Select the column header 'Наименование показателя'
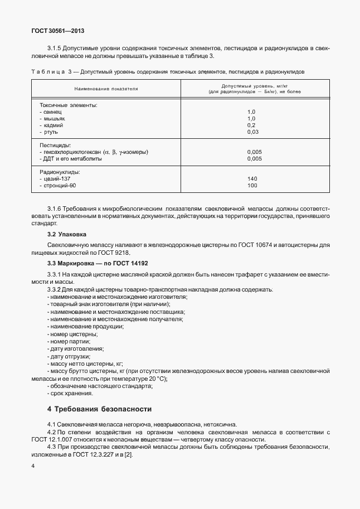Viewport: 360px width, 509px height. (105, 88)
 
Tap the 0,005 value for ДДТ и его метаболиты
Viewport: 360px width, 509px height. (254, 158)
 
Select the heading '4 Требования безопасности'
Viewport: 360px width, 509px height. (99, 409)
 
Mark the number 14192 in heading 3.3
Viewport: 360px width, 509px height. (137, 263)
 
